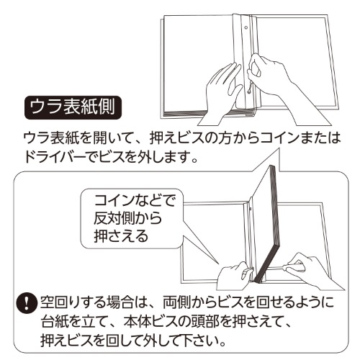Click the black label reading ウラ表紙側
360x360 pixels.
(73, 108)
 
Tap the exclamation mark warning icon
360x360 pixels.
(27, 304)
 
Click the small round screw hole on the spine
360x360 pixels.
(246, 27)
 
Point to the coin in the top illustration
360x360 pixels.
(251, 90)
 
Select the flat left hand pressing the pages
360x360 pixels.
(222, 94)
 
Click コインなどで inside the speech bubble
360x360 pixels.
(135, 201)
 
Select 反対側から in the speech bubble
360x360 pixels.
(128, 218)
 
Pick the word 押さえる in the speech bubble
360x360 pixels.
(121, 236)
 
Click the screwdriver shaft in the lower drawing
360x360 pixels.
(276, 268)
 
